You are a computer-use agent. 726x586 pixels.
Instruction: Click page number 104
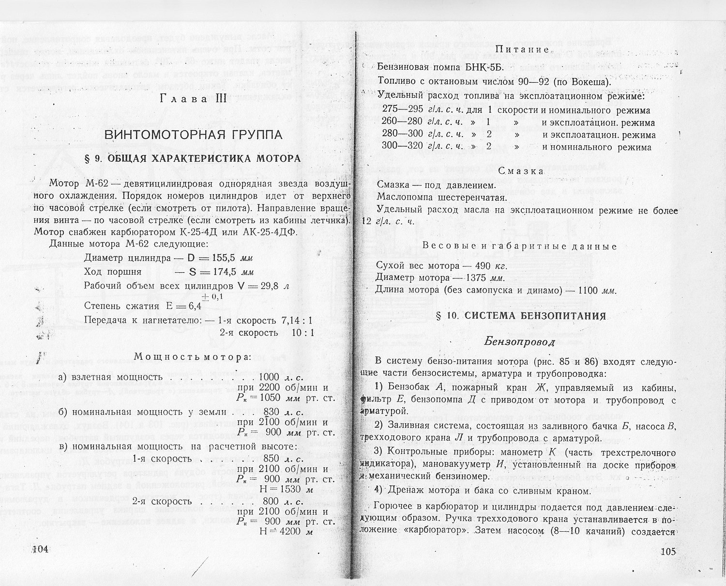[41, 549]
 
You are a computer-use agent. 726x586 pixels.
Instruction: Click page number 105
[666, 552]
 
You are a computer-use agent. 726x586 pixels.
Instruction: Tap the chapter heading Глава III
[193, 99]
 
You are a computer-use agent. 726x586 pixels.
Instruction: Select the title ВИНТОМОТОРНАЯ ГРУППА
[194, 135]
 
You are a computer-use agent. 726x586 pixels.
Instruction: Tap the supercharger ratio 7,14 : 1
[296, 320]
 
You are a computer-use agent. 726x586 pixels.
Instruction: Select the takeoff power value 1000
[269, 377]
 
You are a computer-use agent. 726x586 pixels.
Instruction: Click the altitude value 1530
[288, 489]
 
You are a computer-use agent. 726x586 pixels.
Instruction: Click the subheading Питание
[521, 50]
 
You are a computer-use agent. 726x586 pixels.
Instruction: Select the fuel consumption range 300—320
[402, 147]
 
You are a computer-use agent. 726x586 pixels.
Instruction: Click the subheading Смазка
[521, 171]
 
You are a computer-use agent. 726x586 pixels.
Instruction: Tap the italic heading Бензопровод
[519, 342]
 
